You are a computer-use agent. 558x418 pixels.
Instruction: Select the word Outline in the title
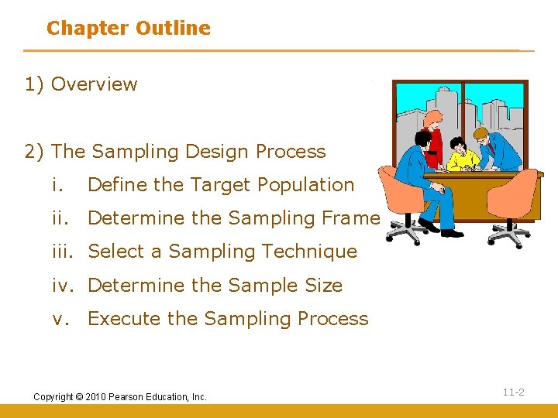(173, 29)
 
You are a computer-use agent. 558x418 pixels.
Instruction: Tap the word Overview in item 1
(94, 84)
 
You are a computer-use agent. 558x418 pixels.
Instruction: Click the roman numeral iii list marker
(65, 252)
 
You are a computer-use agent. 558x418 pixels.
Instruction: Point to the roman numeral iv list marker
(65, 285)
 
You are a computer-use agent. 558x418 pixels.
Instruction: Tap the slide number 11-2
(513, 392)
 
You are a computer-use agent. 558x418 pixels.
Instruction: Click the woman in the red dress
(435, 139)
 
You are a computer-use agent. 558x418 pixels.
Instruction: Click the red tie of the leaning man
(491, 148)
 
